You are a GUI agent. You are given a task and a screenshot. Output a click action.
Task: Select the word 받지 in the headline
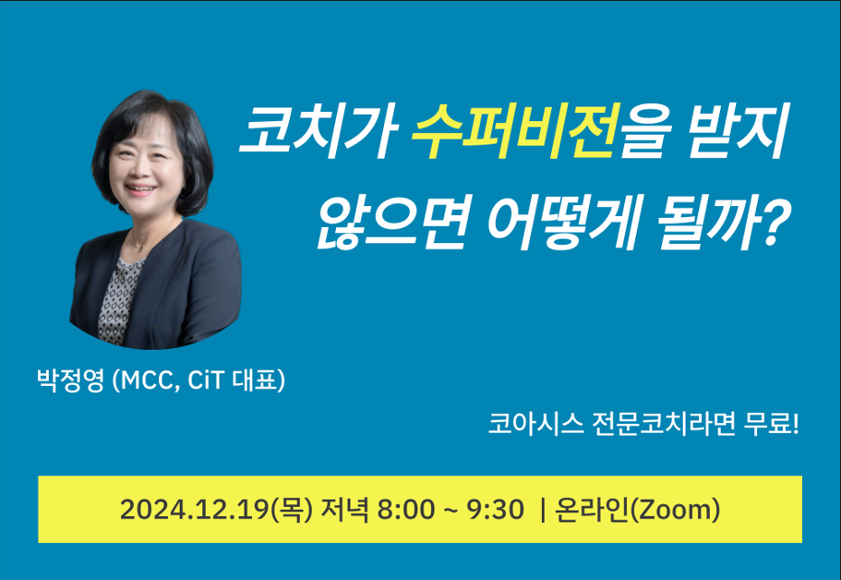click(x=739, y=131)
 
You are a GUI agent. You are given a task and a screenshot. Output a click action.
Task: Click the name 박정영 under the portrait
click(x=70, y=381)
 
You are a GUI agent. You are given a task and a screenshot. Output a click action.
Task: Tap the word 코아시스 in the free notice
click(x=535, y=425)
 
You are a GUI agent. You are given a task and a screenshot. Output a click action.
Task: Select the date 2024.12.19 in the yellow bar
click(x=196, y=510)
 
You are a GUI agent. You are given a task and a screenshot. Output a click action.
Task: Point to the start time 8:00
click(x=406, y=510)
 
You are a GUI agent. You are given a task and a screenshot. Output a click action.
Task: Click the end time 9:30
click(x=495, y=510)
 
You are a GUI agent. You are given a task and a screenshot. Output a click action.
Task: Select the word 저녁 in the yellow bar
click(x=344, y=510)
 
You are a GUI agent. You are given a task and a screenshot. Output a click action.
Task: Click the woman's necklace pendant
click(x=140, y=248)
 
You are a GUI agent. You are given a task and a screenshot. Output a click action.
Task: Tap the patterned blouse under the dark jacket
click(x=118, y=300)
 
